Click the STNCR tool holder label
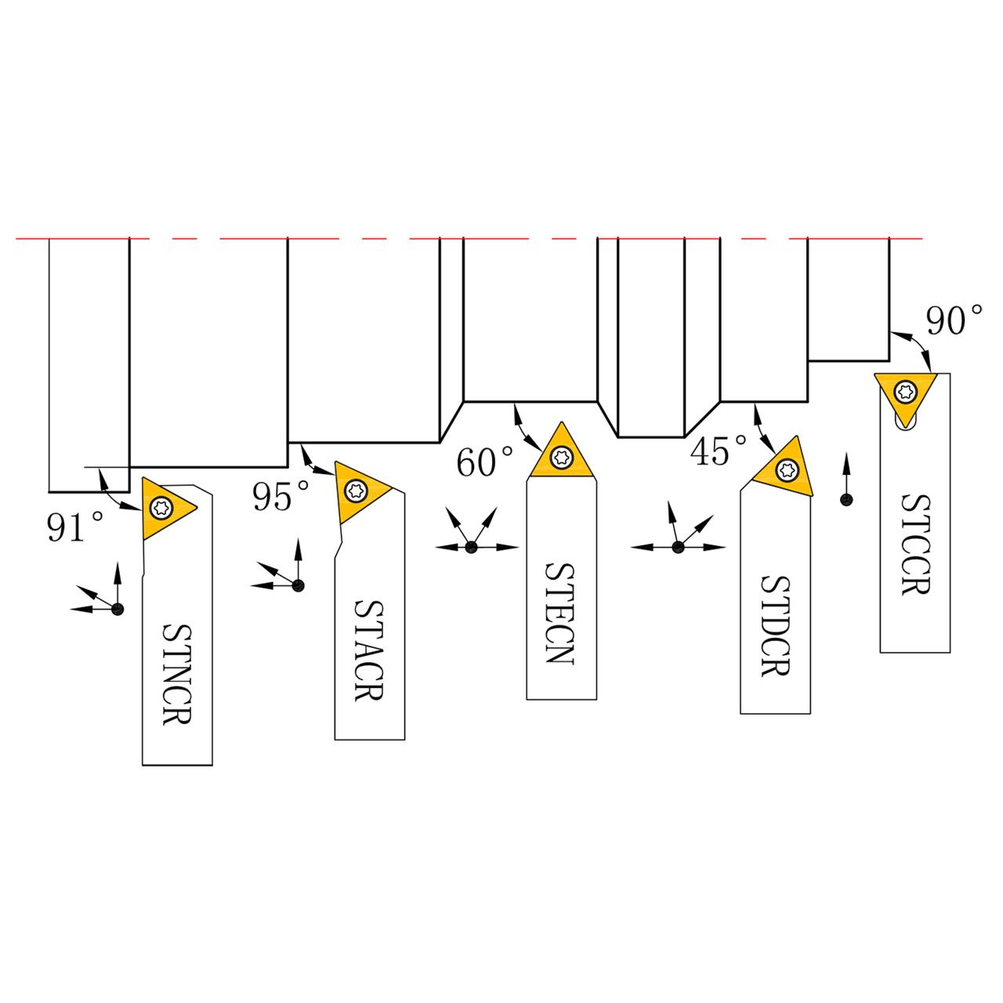click(x=177, y=674)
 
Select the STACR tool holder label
click(x=368, y=650)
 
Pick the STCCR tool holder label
click(x=914, y=544)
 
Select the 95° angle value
click(x=281, y=496)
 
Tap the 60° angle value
click(x=485, y=462)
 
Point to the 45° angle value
click(x=719, y=451)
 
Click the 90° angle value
click(x=954, y=321)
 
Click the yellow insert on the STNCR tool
click(x=165, y=507)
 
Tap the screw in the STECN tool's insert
click(x=561, y=457)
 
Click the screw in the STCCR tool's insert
click(x=907, y=389)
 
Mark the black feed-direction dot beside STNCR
click(x=118, y=609)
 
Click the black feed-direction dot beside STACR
click(x=298, y=585)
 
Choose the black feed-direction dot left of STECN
click(x=471, y=548)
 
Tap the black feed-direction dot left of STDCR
click(x=679, y=548)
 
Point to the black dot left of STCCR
click(x=846, y=499)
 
